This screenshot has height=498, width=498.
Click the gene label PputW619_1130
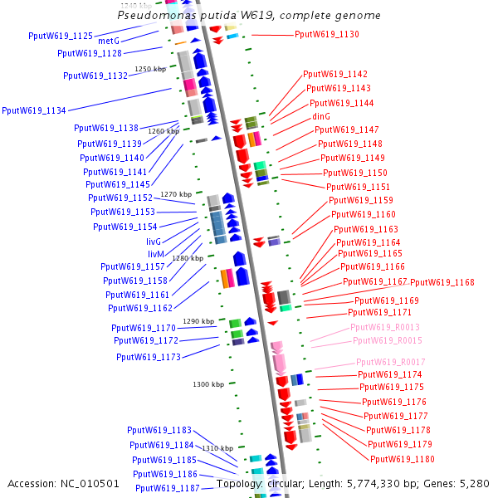[327, 34]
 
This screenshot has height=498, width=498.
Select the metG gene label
[109, 41]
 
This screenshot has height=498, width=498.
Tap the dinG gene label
[321, 116]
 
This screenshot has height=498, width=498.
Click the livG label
[154, 241]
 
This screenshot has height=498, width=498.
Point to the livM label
[156, 253]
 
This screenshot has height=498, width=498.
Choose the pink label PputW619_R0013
[386, 327]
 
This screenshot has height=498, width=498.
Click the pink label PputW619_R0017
[391, 362]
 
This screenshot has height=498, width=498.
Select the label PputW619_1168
[442, 282]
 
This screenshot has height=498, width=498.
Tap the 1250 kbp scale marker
[151, 69]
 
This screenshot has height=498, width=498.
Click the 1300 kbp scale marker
[207, 384]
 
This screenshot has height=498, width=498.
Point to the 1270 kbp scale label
[176, 194]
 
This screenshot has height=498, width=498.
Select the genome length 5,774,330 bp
[382, 483]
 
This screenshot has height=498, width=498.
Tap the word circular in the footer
[285, 483]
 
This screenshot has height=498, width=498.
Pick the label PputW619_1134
[35, 110]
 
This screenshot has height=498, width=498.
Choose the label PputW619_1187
[168, 488]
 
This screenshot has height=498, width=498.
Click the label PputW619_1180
[403, 459]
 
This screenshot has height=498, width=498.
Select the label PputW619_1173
[149, 357]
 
